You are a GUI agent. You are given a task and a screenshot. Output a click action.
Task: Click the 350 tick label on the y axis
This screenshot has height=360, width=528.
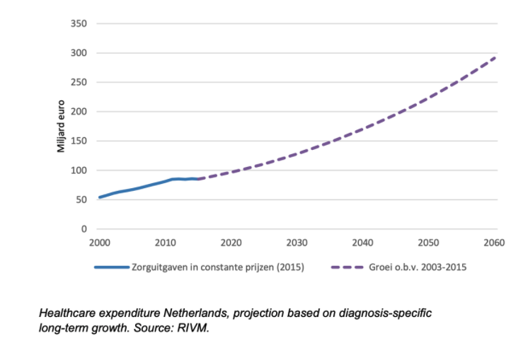(x=79, y=24)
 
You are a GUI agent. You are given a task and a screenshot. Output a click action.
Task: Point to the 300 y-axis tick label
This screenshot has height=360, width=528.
(x=79, y=53)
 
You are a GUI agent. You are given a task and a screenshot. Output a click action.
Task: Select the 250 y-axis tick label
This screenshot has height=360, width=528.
(x=79, y=83)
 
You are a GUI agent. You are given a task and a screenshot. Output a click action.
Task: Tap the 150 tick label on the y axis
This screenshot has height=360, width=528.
(x=79, y=141)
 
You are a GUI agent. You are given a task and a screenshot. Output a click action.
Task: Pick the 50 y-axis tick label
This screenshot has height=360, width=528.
(x=81, y=200)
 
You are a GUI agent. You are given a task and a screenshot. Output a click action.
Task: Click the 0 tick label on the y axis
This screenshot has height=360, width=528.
(x=84, y=229)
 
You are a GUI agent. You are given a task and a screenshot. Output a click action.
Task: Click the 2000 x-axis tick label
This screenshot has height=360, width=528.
(x=99, y=243)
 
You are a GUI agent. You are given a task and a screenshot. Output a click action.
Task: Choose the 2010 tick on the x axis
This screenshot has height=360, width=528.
(x=165, y=243)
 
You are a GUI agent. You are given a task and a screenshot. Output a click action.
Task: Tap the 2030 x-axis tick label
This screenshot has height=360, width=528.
(x=297, y=243)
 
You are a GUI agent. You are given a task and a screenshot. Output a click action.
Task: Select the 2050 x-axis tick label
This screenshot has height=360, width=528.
(x=428, y=243)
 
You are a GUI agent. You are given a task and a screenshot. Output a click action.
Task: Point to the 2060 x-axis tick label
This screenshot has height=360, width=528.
(x=493, y=243)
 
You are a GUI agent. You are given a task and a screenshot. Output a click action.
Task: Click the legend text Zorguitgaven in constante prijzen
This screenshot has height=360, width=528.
(x=217, y=268)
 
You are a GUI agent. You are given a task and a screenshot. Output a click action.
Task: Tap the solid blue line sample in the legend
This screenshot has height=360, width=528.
(x=111, y=268)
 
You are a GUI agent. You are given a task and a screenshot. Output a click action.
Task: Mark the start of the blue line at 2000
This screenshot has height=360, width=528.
(x=99, y=197)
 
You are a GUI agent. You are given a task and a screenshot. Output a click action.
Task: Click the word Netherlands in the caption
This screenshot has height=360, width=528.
(x=197, y=313)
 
